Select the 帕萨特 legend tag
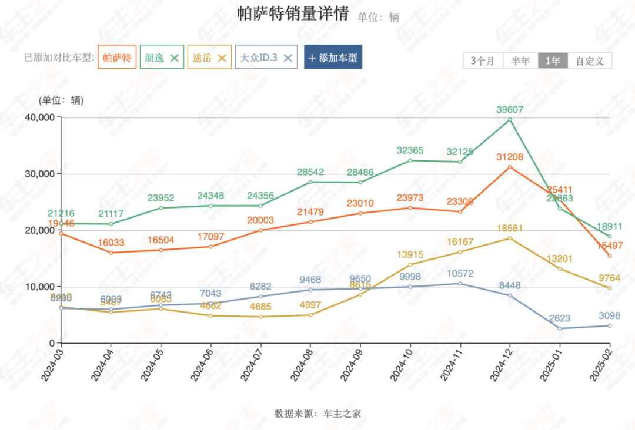click(x=117, y=58)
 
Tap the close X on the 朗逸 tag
click(x=174, y=58)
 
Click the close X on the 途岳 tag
click(x=222, y=58)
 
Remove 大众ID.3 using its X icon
click(x=288, y=58)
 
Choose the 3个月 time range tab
click(x=483, y=61)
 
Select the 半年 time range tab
click(x=520, y=61)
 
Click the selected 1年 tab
click(x=553, y=61)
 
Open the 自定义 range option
click(x=590, y=61)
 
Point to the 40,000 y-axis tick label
click(x=39, y=117)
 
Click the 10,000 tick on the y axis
click(x=39, y=287)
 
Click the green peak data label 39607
click(x=509, y=109)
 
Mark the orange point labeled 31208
click(x=510, y=167)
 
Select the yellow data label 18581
click(x=509, y=228)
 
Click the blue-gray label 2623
click(x=560, y=318)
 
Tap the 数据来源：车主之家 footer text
click(x=317, y=414)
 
